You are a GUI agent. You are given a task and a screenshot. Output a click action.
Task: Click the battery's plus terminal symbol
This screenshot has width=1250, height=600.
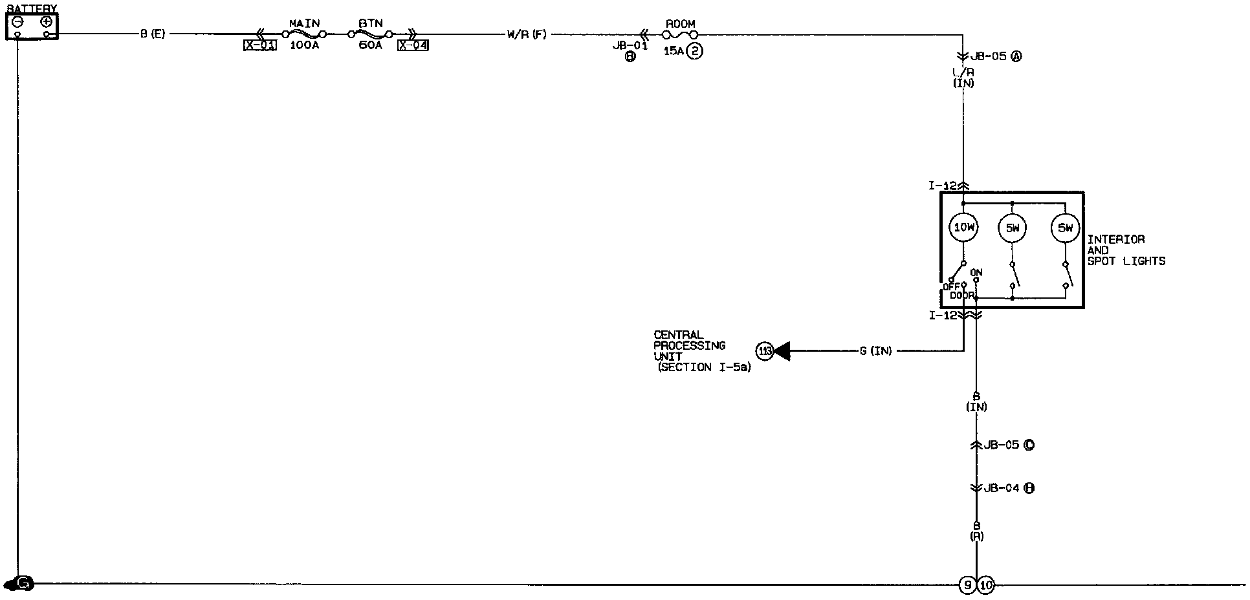point(46,21)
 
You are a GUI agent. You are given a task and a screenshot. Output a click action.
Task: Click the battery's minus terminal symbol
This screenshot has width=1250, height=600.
point(18,21)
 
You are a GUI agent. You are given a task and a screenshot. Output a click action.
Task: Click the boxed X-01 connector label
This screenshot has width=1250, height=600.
point(260,45)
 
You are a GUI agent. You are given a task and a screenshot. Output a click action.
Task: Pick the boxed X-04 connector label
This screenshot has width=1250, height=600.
point(413,45)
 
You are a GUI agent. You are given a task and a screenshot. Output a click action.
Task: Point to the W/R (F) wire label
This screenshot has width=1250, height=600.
point(527,34)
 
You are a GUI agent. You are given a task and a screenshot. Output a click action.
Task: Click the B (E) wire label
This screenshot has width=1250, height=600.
point(153,34)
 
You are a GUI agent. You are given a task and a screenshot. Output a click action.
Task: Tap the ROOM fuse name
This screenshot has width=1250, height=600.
point(680,24)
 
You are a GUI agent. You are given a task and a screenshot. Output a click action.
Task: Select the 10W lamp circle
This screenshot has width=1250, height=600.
point(963,228)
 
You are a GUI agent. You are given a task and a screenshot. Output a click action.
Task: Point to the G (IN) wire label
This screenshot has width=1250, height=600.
point(875,351)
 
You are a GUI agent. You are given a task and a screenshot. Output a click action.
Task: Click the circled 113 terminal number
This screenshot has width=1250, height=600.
point(765,351)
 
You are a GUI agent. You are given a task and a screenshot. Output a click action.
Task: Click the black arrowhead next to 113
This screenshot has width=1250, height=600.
point(782,351)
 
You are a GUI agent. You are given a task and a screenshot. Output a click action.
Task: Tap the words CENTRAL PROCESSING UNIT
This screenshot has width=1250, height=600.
point(689,346)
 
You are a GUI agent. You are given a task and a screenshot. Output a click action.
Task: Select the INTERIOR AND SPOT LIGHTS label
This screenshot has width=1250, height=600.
point(1126,250)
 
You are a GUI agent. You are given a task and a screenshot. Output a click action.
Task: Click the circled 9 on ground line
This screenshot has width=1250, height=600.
point(967,586)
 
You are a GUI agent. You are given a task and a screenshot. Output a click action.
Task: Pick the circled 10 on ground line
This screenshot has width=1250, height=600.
point(985,586)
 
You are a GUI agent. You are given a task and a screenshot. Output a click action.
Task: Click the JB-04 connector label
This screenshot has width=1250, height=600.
point(1002,488)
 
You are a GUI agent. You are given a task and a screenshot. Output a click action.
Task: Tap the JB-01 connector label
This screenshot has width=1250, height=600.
point(630,46)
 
